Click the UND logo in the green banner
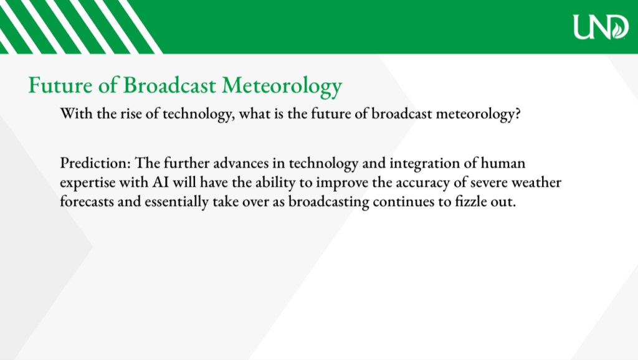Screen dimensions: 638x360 pos(601,27)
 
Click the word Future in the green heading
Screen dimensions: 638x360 pos(60,85)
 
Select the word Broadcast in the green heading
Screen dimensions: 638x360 pos(169,85)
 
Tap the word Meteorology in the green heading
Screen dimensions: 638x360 pos(282,87)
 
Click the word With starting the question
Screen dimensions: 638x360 pos(76,113)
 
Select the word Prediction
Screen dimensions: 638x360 pos(95,163)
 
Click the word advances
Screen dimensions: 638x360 pos(241,163)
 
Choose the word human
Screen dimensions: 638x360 pos(503,163)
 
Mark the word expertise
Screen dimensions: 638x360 pos(87,183)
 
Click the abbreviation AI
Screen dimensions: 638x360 pos(160,182)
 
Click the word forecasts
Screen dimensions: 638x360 pos(87,201)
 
